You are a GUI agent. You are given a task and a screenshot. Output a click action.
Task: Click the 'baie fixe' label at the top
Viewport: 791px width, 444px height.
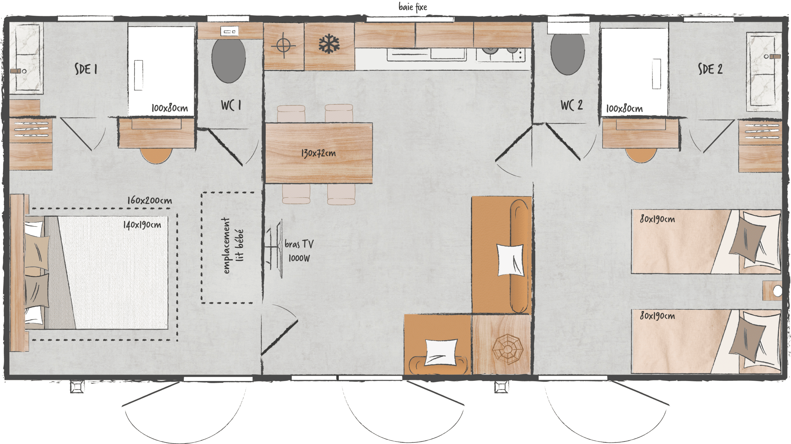412,7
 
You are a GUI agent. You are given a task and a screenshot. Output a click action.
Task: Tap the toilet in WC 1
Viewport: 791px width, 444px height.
228,61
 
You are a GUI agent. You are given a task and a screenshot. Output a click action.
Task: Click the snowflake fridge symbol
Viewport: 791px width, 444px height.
329,44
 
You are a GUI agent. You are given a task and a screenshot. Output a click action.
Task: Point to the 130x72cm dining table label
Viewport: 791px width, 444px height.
318,153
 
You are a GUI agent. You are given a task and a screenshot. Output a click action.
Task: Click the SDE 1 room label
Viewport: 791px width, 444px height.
86,69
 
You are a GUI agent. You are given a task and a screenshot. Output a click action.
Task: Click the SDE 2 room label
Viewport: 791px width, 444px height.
710,69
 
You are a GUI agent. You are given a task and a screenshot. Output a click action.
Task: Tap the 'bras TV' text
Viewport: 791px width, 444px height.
299,244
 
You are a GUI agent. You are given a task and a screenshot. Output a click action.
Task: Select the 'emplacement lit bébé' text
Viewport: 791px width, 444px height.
232,245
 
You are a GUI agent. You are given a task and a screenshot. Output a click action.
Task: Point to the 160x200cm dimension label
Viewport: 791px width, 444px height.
150,201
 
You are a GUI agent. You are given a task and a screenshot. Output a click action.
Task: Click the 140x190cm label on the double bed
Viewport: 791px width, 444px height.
142,225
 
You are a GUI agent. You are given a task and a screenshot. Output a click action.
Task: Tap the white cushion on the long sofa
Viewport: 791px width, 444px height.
510,260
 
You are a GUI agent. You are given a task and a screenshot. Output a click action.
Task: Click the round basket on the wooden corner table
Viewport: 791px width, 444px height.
507,349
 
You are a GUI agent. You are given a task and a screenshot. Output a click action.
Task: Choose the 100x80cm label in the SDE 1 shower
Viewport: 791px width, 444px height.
170,108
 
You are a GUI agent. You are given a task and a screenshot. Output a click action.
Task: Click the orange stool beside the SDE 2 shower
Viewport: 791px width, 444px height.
641,155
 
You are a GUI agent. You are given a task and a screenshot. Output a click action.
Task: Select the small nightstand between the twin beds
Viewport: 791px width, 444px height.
772,291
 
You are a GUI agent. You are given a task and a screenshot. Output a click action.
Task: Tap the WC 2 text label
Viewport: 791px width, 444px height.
571,105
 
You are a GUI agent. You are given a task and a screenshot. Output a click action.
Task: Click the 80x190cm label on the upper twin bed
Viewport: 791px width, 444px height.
657,219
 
